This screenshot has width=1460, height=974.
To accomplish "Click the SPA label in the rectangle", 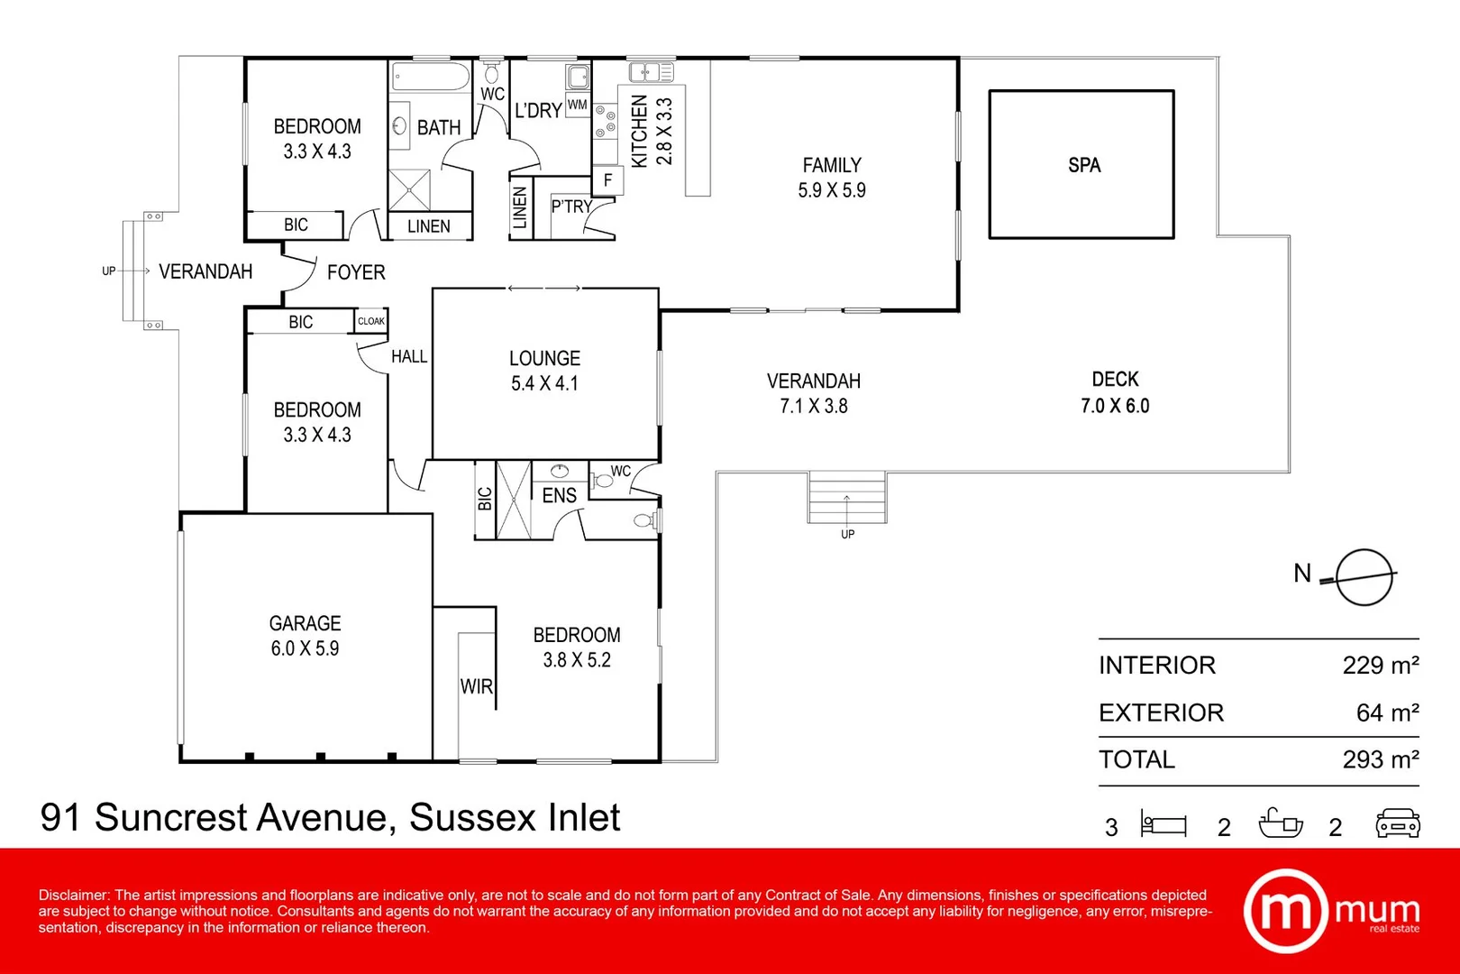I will (x=1083, y=165).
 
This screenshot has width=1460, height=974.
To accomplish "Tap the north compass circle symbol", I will (x=1364, y=577).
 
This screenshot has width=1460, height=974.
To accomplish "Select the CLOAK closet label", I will (x=370, y=321).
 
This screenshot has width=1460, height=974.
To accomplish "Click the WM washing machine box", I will (x=577, y=105).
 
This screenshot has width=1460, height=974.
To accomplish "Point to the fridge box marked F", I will (x=607, y=180).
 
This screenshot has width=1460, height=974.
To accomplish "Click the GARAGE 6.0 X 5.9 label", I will (x=305, y=636).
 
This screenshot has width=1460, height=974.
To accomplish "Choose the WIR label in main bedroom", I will (x=476, y=686).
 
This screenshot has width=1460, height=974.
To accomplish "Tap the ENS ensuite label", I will (x=559, y=495).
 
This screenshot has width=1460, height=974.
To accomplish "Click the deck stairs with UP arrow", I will (x=846, y=498).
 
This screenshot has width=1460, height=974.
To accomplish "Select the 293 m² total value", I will (x=1380, y=759).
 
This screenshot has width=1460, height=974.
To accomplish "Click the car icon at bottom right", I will (x=1397, y=823).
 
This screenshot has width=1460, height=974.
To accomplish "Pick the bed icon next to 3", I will (x=1163, y=823).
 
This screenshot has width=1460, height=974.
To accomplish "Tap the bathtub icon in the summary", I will (x=1280, y=823).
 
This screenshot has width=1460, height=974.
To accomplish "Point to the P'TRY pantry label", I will (x=571, y=207).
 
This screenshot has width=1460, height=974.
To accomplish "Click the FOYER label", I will (x=356, y=272).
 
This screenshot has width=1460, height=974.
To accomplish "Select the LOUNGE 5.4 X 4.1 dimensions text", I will (x=544, y=383).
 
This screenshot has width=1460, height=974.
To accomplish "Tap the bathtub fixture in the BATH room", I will (x=431, y=77).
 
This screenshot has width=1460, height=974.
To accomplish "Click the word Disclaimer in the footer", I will (x=73, y=895).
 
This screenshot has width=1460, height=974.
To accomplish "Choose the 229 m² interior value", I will (x=1380, y=666).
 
